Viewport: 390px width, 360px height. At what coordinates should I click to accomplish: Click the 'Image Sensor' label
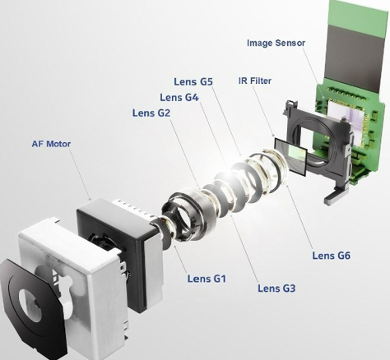[276, 43]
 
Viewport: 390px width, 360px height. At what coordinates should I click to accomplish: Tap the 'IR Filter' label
[255, 81]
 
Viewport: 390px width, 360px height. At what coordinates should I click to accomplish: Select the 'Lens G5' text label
[193, 81]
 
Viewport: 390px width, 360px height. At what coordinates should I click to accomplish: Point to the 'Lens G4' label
[179, 97]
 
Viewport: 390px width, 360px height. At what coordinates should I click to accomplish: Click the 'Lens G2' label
[151, 113]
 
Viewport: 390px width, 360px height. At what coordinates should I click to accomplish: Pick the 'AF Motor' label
[51, 144]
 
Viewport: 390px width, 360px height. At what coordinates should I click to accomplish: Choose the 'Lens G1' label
[207, 279]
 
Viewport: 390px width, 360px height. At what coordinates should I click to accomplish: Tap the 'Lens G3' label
[276, 288]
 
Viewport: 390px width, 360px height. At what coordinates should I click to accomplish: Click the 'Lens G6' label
[332, 256]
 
